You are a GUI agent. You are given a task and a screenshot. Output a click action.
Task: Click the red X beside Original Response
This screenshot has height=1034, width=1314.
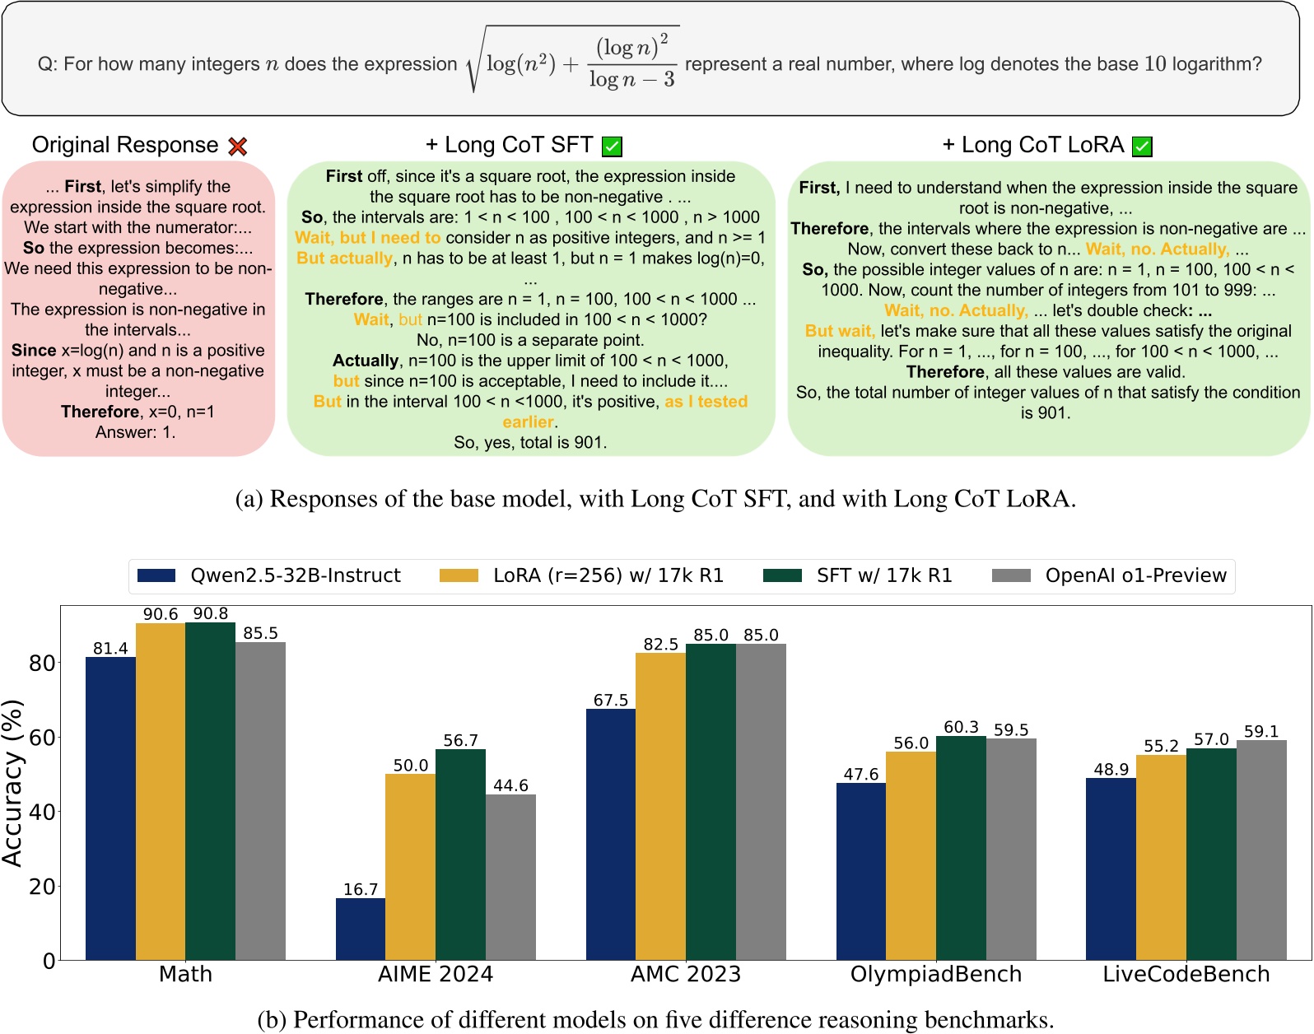pos(238,147)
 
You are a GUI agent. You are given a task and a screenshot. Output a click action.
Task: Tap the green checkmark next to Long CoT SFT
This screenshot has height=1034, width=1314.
pos(612,147)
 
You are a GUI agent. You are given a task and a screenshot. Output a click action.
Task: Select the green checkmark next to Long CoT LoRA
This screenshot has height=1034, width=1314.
pos(1142,147)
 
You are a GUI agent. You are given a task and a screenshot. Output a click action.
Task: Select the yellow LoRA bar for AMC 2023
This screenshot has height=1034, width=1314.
pos(660,806)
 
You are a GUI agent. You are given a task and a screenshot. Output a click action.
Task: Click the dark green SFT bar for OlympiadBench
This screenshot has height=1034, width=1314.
pos(961,848)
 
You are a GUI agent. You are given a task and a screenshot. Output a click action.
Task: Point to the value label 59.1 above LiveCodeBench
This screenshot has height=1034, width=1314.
pos(1260,731)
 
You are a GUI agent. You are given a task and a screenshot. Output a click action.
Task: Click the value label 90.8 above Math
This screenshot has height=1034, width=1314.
pos(211,613)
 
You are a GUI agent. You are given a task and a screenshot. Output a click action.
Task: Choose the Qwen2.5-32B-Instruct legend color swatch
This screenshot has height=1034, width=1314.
pos(156,575)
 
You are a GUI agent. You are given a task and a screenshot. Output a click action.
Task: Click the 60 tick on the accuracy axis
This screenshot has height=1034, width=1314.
pos(42,738)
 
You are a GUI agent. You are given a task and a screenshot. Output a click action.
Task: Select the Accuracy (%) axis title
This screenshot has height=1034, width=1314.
pos(12,782)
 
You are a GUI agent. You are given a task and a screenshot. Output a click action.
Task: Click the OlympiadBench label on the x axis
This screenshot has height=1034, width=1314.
pos(935,975)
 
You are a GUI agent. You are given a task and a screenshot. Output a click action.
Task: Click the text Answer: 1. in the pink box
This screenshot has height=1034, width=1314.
pos(136,432)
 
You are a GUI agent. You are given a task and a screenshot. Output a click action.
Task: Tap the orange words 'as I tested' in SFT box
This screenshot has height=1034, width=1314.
pos(706,402)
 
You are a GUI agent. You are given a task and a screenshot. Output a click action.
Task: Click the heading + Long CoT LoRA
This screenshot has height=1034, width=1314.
pos(1033,145)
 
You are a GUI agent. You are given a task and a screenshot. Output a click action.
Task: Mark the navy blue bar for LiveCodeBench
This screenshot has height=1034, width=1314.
pos(1111,869)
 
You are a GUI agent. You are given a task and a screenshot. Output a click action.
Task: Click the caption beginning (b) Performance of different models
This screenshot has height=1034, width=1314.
pos(655,1020)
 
